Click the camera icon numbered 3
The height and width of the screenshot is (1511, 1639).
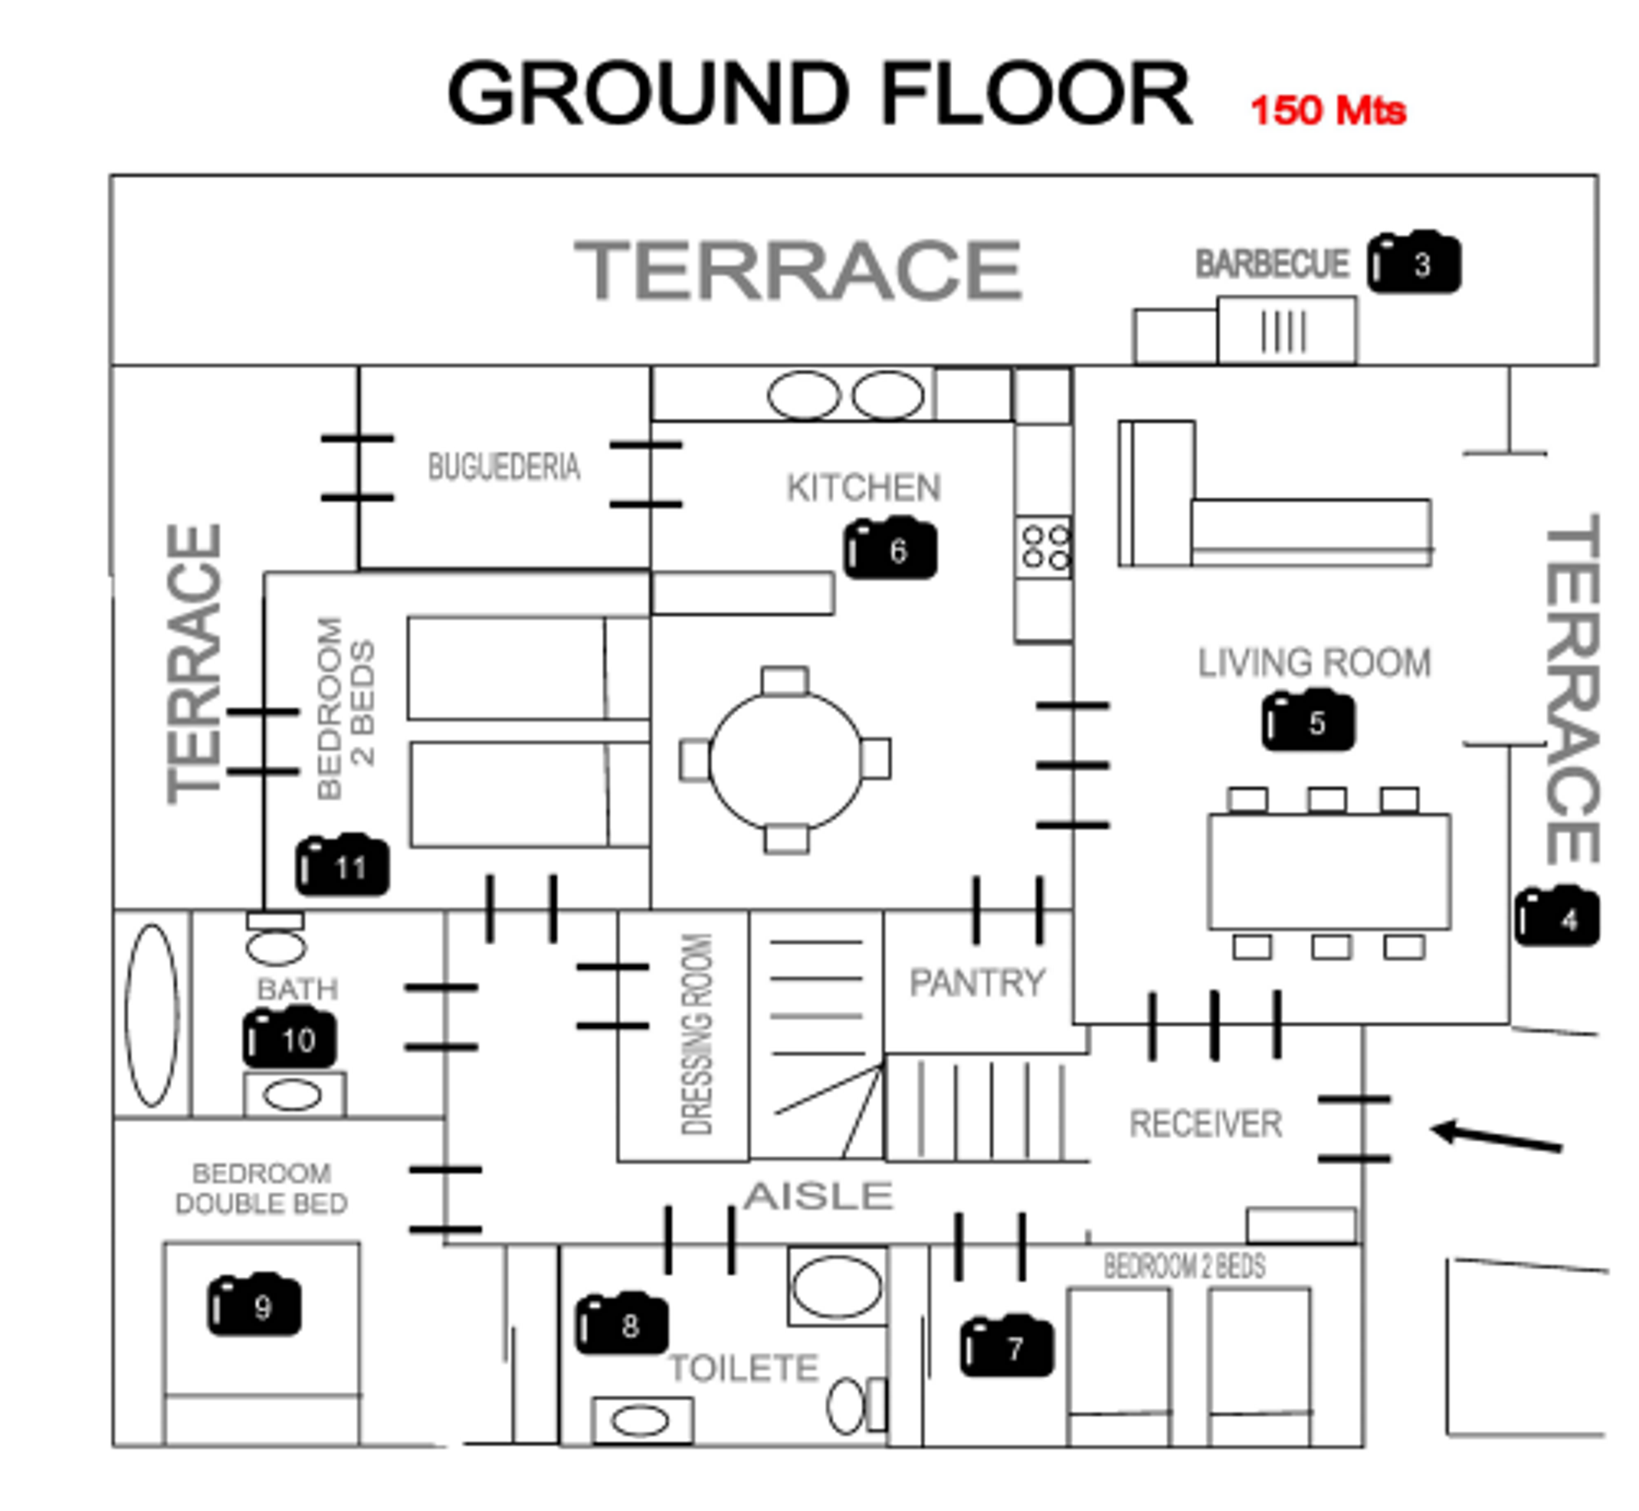click(1413, 263)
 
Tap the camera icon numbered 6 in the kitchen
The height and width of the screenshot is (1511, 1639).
click(890, 549)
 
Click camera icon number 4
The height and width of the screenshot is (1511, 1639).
click(1557, 918)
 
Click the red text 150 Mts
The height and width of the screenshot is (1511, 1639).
click(1327, 110)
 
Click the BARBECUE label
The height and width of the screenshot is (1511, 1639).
click(1272, 264)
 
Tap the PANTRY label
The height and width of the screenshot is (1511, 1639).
click(977, 982)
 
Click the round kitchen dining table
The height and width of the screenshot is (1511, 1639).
click(785, 760)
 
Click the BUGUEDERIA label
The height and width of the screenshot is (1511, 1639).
click(504, 467)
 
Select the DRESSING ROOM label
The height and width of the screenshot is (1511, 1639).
click(697, 1035)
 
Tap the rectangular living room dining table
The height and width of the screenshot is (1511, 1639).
click(1329, 871)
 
